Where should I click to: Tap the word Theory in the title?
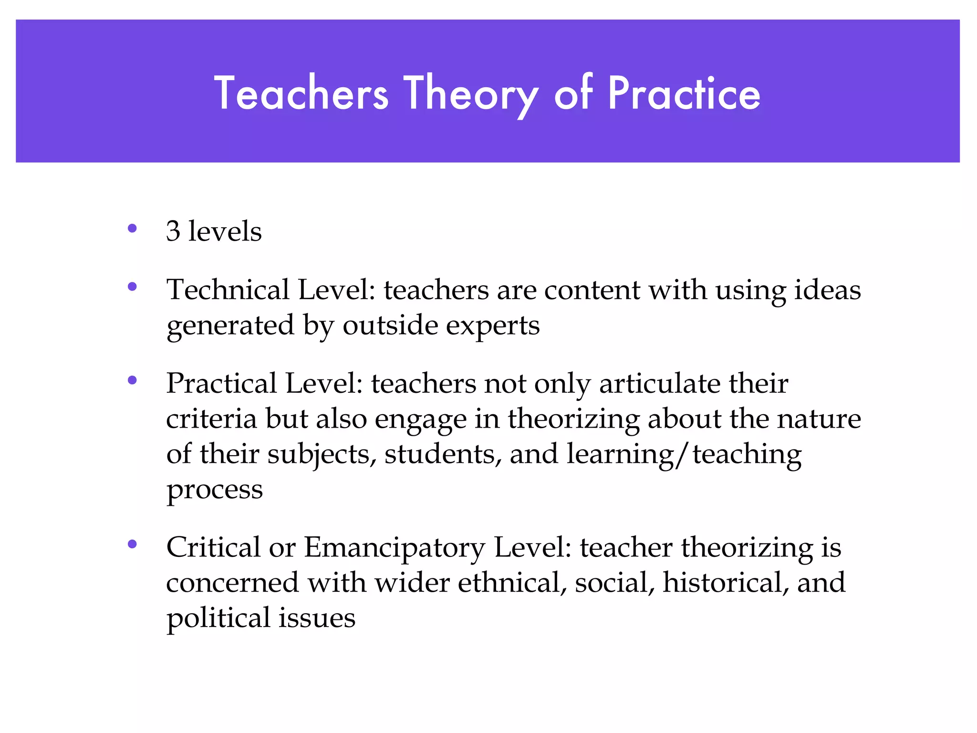point(471,94)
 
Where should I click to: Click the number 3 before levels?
point(173,231)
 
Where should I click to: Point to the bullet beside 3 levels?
point(133,228)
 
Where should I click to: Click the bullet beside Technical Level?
point(133,287)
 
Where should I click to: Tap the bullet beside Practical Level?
point(133,380)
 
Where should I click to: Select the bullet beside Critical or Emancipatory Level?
point(133,544)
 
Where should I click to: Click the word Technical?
point(228,290)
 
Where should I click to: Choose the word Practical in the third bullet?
point(222,383)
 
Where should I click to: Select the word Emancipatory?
point(395,548)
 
